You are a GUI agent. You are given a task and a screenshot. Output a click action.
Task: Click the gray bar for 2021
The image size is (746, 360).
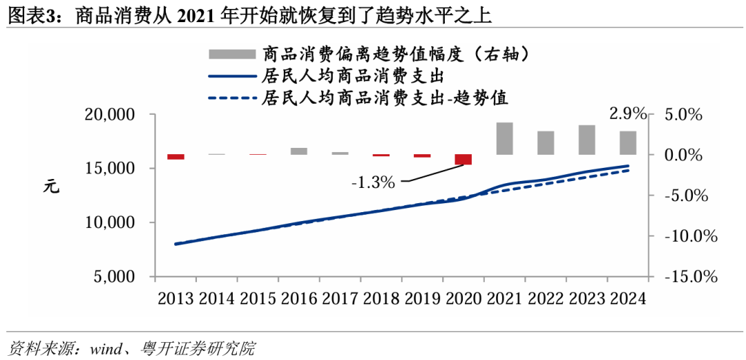504,138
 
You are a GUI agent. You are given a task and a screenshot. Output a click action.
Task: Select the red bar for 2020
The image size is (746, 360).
463,160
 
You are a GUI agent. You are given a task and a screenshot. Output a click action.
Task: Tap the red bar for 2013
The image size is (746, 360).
175,157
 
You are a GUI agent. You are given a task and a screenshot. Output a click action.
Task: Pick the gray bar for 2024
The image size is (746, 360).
627,142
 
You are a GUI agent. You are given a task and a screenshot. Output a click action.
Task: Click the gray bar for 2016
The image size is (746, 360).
298,151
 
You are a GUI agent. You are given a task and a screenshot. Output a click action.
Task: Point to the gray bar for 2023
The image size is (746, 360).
586,140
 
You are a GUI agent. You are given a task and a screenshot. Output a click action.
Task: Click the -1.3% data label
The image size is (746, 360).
373,182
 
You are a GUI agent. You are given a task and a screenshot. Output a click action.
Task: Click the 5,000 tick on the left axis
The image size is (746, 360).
114,277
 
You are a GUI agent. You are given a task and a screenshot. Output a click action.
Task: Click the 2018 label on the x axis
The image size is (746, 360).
381,299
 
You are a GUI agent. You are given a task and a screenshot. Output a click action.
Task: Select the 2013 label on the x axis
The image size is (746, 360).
175,299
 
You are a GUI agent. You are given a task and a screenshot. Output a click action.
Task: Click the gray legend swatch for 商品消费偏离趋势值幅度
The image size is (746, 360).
231,55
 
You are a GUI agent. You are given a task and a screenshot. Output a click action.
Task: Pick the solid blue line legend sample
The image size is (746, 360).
231,76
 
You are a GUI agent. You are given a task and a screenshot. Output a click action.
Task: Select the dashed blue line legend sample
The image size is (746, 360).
231,98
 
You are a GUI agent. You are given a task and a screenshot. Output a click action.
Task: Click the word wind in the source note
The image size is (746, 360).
106,348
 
